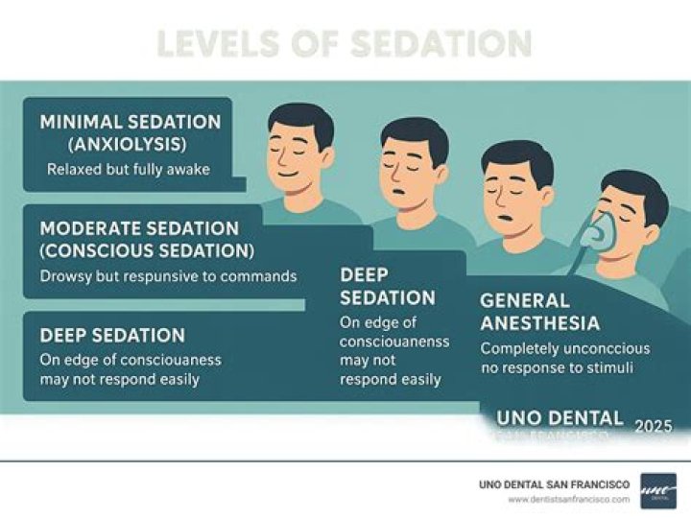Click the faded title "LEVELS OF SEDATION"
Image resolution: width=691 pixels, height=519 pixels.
[x=344, y=44]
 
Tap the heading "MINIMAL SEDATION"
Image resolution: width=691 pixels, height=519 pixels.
[x=130, y=123]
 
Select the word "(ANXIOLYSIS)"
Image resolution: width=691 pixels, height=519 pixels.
[x=129, y=146]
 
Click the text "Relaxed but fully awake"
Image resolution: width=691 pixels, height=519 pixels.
[x=128, y=171]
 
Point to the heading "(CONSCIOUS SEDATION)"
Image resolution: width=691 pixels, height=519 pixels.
[x=147, y=251]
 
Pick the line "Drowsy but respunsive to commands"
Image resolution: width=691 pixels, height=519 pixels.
[x=168, y=276]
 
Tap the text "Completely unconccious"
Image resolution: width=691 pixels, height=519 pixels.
[x=564, y=348]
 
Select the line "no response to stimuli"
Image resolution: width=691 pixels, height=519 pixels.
[x=557, y=366]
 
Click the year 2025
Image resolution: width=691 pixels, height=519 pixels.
[x=653, y=426]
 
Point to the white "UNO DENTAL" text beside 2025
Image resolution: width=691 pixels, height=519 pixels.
[x=560, y=419]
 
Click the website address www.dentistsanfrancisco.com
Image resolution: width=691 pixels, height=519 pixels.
[x=569, y=499]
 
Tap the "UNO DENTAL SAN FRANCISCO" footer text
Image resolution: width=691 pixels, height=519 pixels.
[x=555, y=484]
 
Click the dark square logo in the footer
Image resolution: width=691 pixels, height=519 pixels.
[x=658, y=490]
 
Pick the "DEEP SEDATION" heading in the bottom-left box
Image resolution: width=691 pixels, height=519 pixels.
[x=112, y=336]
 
